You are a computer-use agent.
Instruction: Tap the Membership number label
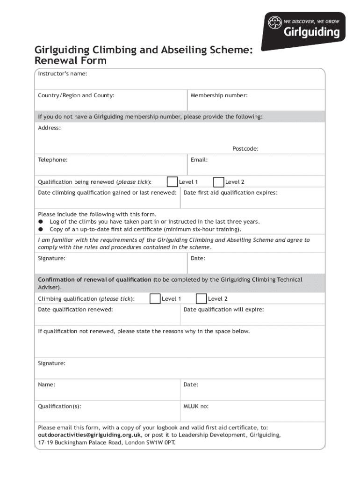click(x=219, y=95)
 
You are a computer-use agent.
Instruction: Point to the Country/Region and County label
click(x=76, y=95)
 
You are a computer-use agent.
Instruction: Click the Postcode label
click(x=245, y=149)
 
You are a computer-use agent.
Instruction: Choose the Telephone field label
click(x=52, y=160)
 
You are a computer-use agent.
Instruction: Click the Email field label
click(x=199, y=160)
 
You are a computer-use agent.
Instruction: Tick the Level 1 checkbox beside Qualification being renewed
click(x=172, y=181)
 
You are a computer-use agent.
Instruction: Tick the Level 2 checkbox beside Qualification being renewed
click(x=218, y=181)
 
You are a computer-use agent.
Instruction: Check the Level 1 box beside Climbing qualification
click(x=155, y=298)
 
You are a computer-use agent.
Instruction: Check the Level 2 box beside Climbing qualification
click(x=201, y=298)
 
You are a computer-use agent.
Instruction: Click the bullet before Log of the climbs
click(x=41, y=222)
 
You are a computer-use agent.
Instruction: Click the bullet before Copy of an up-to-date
click(x=41, y=229)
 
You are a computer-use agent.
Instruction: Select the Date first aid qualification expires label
click(x=230, y=193)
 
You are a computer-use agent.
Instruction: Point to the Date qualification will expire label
click(x=223, y=310)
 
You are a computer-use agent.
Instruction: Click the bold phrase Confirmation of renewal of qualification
click(x=94, y=280)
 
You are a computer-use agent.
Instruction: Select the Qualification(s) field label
click(x=59, y=406)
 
